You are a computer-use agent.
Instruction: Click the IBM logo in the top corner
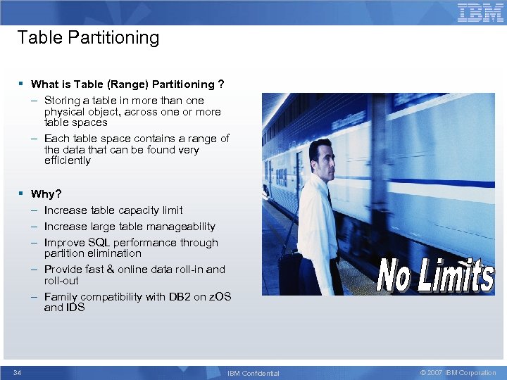(x=480, y=13)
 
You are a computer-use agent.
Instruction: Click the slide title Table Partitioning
(x=88, y=37)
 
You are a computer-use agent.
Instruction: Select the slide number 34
(x=18, y=372)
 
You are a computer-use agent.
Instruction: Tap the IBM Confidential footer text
(x=254, y=373)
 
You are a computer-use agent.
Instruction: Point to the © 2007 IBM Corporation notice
(x=458, y=372)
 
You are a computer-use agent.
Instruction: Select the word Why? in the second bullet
(x=46, y=194)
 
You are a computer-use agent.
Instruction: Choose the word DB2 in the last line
(x=179, y=297)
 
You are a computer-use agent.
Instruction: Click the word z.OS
(x=217, y=297)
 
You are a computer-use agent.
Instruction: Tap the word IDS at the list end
(x=75, y=308)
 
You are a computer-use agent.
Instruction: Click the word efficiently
(x=68, y=160)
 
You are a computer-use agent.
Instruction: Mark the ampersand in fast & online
(x=110, y=270)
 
